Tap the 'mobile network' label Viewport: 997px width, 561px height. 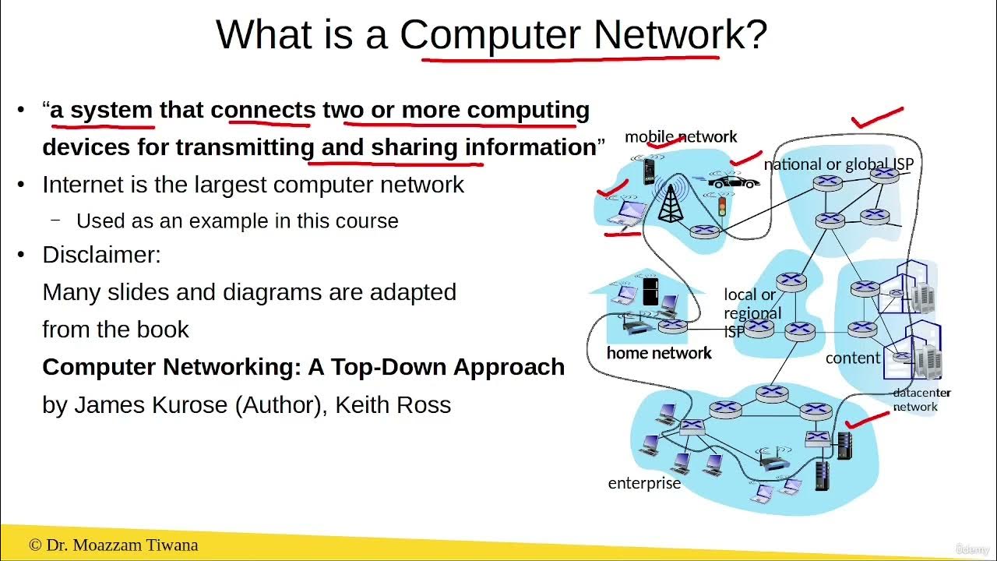680,137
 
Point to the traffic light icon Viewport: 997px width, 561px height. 721,206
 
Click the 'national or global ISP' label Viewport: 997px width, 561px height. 837,164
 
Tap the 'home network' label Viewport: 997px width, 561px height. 659,353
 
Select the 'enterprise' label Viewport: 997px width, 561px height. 644,483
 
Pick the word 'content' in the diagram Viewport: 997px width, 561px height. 853,358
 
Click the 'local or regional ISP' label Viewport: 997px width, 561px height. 751,312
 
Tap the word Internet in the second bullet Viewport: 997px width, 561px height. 80,185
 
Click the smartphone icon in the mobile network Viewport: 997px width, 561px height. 648,171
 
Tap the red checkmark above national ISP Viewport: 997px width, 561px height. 878,118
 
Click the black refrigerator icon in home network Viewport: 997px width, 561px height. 650,291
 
